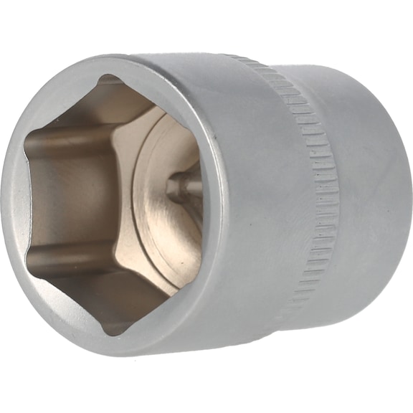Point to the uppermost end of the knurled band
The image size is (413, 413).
click(237, 59)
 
